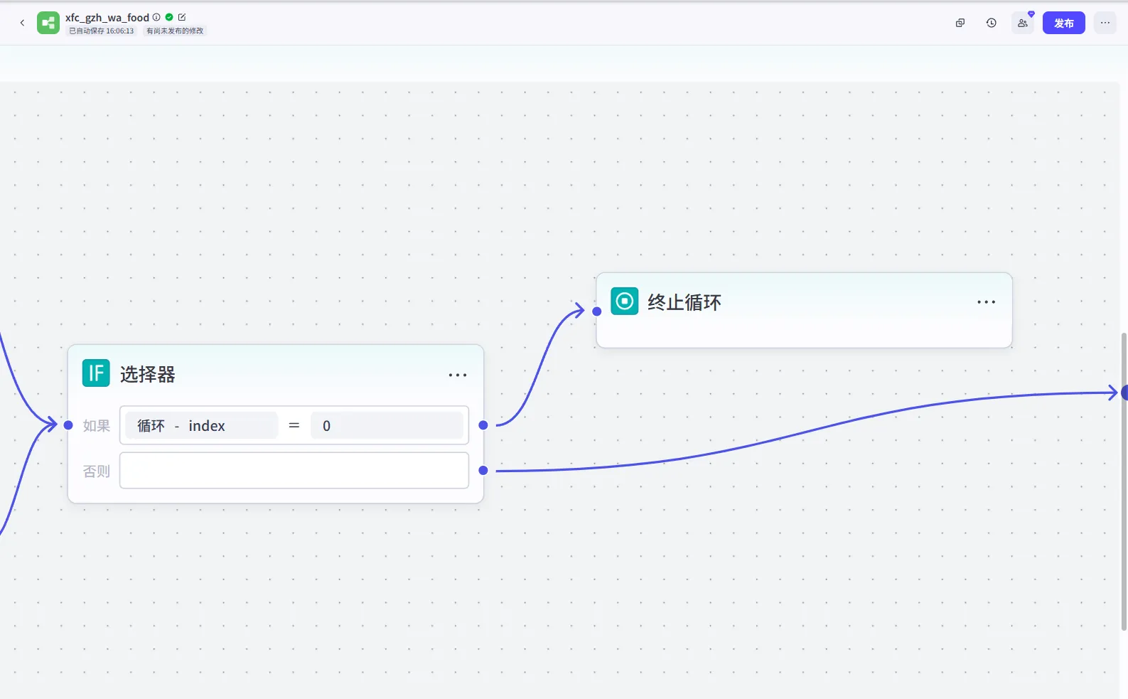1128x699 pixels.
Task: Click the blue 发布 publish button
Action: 1063,23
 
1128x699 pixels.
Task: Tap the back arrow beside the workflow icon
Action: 22,23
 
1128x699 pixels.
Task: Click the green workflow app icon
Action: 48,23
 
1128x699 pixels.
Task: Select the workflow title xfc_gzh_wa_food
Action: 107,18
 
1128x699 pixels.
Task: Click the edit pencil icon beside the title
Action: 182,17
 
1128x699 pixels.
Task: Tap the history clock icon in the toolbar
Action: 991,23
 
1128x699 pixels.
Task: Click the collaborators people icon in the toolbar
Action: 1022,23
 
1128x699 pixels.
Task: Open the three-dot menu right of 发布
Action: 1105,23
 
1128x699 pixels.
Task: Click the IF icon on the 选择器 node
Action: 96,373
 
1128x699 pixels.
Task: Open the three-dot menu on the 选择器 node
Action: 457,375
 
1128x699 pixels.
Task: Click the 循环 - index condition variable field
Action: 201,425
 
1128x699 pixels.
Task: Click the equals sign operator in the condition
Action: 294,425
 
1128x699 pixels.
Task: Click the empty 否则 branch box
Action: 294,470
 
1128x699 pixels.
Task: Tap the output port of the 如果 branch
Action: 483,425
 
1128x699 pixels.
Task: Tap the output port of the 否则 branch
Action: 483,470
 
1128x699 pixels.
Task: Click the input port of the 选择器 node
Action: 68,425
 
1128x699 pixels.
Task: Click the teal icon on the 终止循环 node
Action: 625,301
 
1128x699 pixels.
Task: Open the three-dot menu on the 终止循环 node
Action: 986,302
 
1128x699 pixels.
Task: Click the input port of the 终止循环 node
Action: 597,311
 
